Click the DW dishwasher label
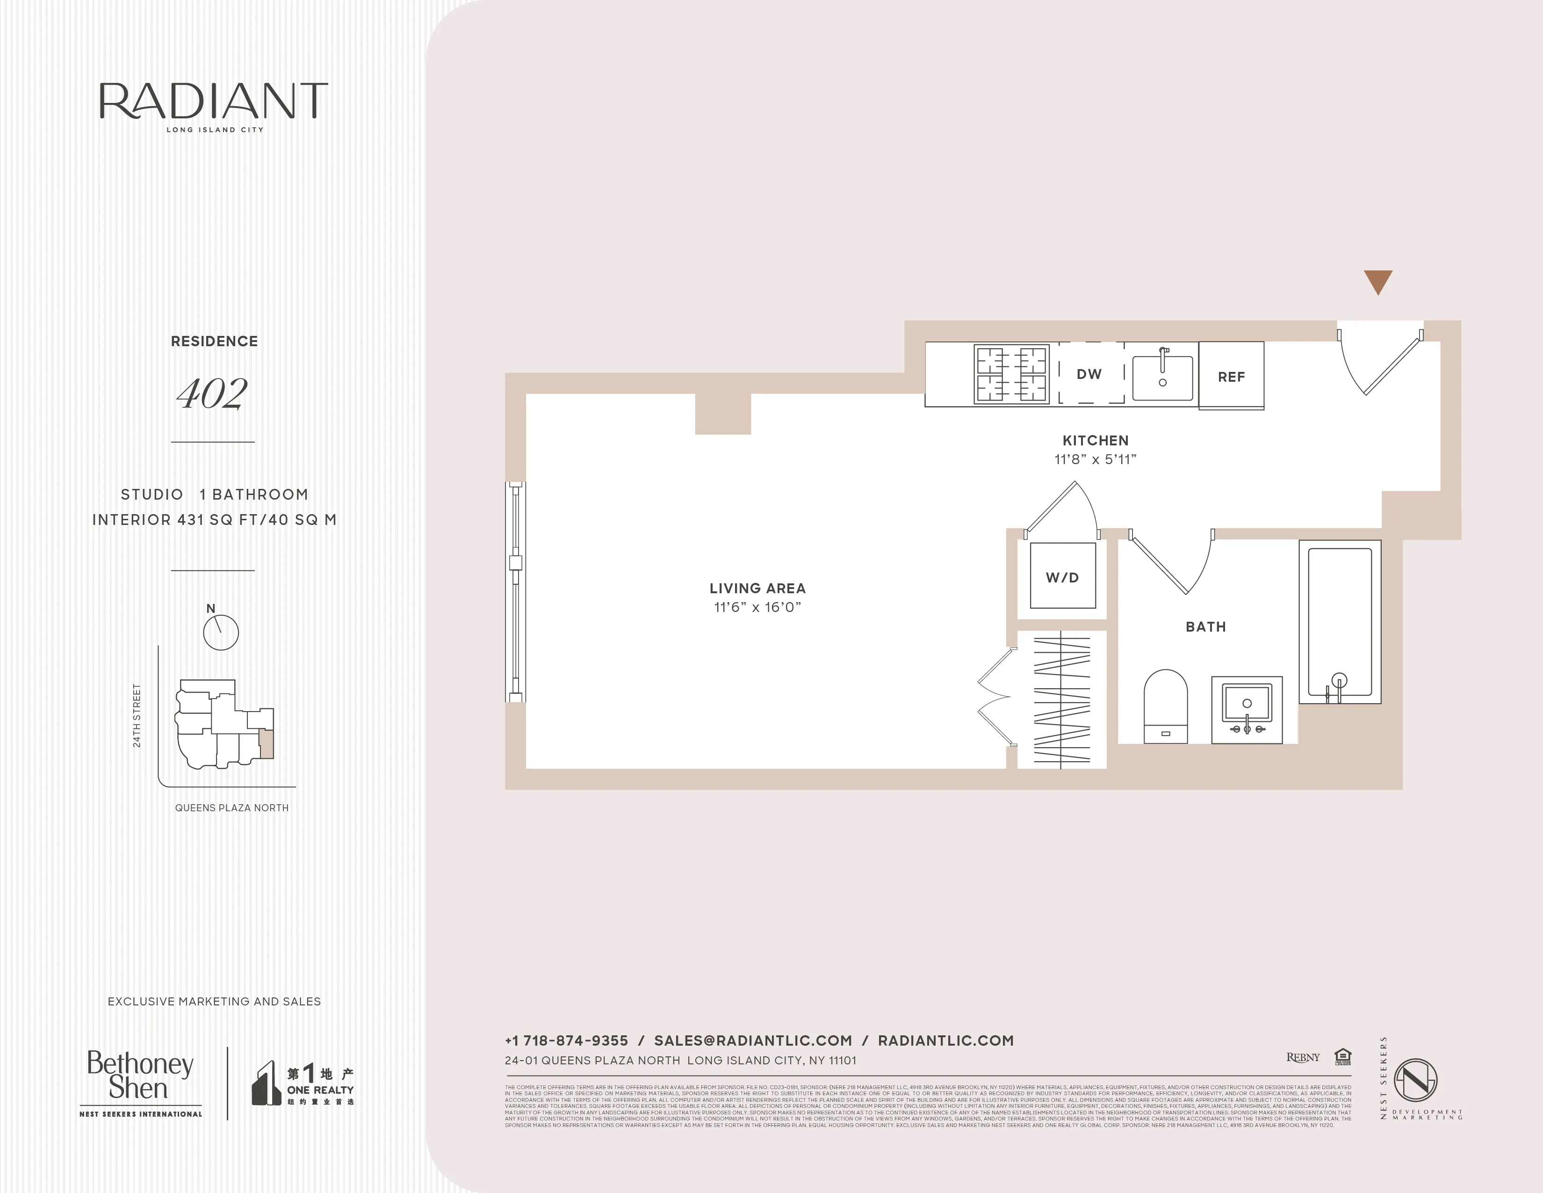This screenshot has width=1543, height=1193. pyautogui.click(x=1089, y=374)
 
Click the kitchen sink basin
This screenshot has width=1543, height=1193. pyautogui.click(x=1163, y=378)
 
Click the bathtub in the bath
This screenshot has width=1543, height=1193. pyautogui.click(x=1340, y=622)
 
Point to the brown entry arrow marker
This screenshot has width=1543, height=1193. pyautogui.click(x=1377, y=281)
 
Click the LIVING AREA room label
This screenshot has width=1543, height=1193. pyautogui.click(x=757, y=588)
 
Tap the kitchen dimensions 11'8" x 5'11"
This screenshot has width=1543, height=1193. pyautogui.click(x=1095, y=459)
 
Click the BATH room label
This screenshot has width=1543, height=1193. pyautogui.click(x=1206, y=627)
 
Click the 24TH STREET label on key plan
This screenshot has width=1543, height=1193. pyautogui.click(x=137, y=715)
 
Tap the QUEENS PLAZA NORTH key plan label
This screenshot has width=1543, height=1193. pyautogui.click(x=232, y=808)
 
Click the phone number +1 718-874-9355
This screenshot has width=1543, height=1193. pyautogui.click(x=566, y=1040)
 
